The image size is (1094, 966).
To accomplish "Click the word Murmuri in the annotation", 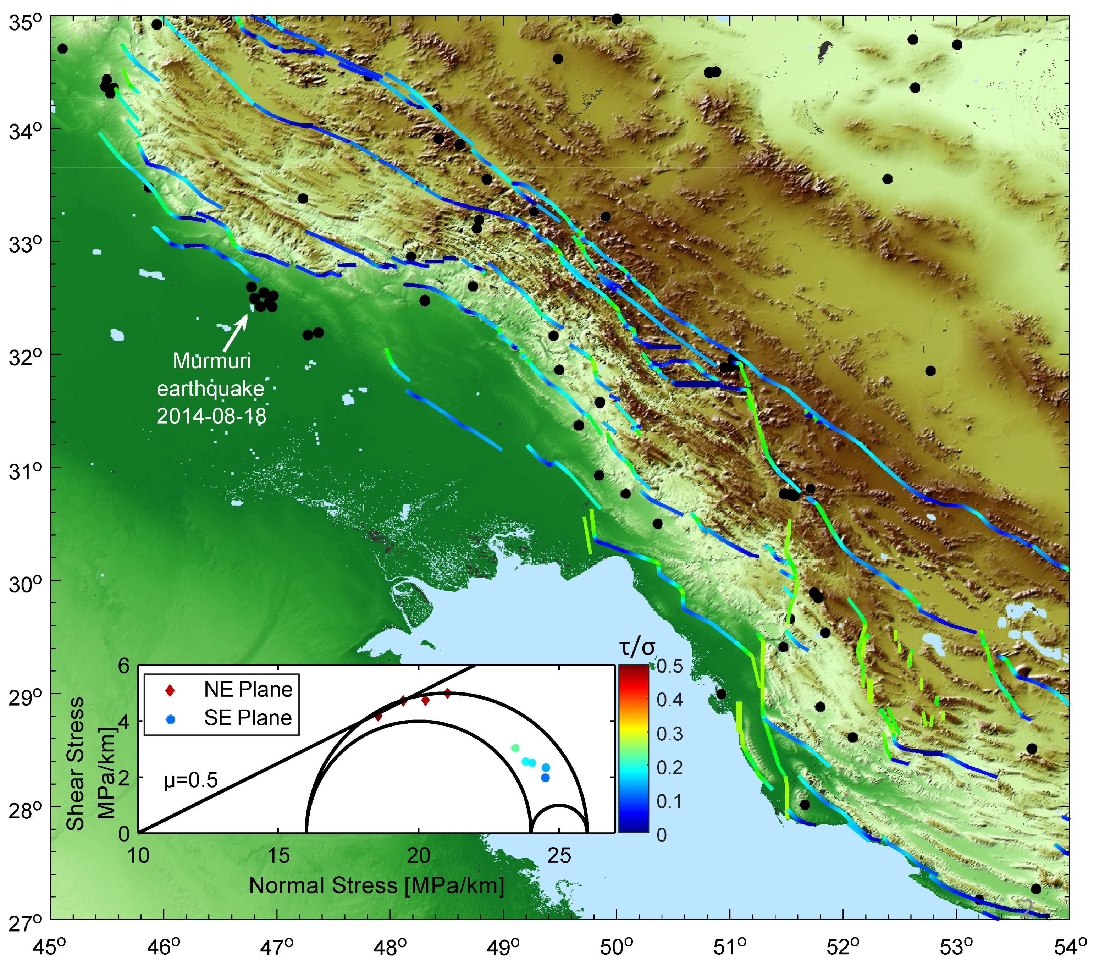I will click(212, 361).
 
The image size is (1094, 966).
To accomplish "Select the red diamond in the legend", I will click(169, 690).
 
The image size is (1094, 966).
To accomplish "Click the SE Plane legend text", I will click(248, 718).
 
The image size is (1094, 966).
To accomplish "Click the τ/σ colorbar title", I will click(637, 647).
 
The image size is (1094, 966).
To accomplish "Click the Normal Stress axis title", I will click(376, 886).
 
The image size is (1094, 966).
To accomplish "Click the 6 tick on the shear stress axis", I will click(124, 666).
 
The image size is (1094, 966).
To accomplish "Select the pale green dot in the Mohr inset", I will click(515, 747).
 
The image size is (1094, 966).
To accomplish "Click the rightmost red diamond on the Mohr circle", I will click(447, 693).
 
